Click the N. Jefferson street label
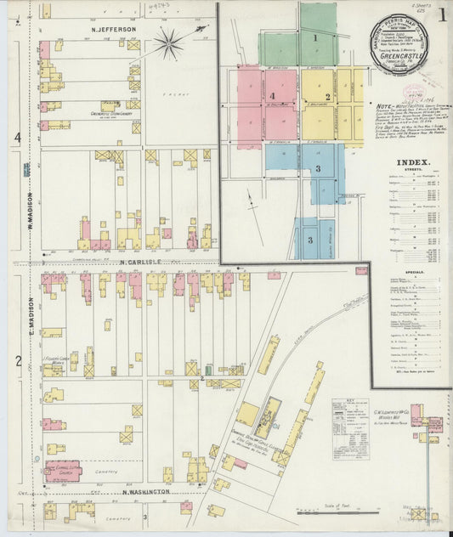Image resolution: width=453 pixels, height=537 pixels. pyautogui.click(x=114, y=29)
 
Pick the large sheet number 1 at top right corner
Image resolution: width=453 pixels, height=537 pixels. pyautogui.click(x=442, y=14)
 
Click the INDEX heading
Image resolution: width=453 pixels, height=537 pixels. pyautogui.click(x=413, y=161)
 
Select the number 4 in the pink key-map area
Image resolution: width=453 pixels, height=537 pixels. pyautogui.click(x=272, y=96)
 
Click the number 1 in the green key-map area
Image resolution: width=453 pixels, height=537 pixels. pyautogui.click(x=314, y=37)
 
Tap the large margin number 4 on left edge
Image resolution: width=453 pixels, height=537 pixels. pyautogui.click(x=16, y=137)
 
